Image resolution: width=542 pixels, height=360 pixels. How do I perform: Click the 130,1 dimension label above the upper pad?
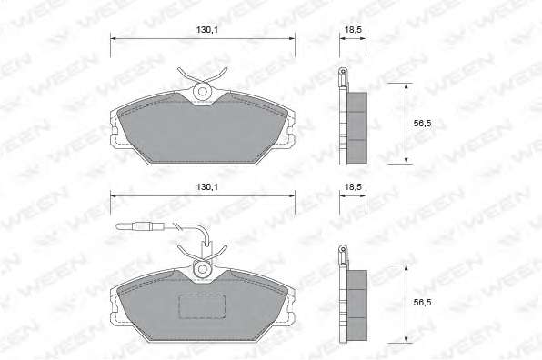(x=207, y=30)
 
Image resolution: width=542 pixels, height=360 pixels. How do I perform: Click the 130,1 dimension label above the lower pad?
(x=207, y=187)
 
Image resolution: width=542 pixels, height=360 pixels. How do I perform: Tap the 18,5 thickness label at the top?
(x=353, y=30)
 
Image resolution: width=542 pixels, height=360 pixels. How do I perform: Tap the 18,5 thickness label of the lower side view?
(x=353, y=187)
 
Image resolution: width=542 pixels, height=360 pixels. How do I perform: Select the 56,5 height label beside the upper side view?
(x=422, y=124)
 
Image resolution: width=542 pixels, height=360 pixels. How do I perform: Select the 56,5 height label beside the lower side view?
(x=422, y=303)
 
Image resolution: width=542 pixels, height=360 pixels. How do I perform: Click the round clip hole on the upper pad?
(x=203, y=92)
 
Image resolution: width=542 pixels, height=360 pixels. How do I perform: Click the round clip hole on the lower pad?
(x=203, y=269)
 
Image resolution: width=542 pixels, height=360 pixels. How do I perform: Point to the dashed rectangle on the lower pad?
(x=202, y=306)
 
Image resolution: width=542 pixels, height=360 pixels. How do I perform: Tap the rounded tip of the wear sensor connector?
(x=118, y=226)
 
